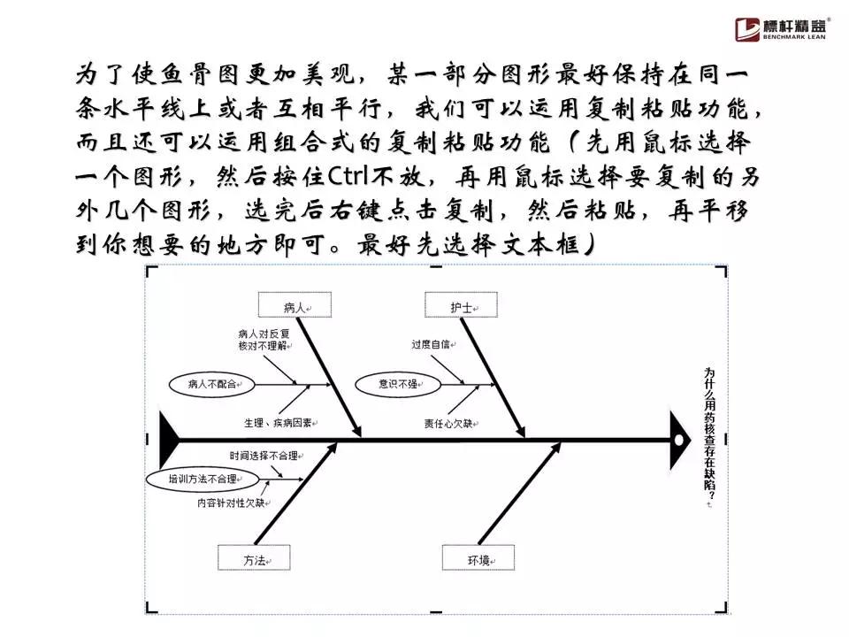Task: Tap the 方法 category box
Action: [x=255, y=558]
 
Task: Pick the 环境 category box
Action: [x=478, y=558]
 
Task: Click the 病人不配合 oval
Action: [x=209, y=384]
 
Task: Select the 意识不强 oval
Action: [x=398, y=384]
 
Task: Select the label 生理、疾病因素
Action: [x=277, y=423]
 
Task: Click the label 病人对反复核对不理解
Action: [x=264, y=341]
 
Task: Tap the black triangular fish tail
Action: [x=168, y=438]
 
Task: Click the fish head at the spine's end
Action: [x=679, y=438]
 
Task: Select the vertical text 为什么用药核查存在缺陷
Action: [x=708, y=437]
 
